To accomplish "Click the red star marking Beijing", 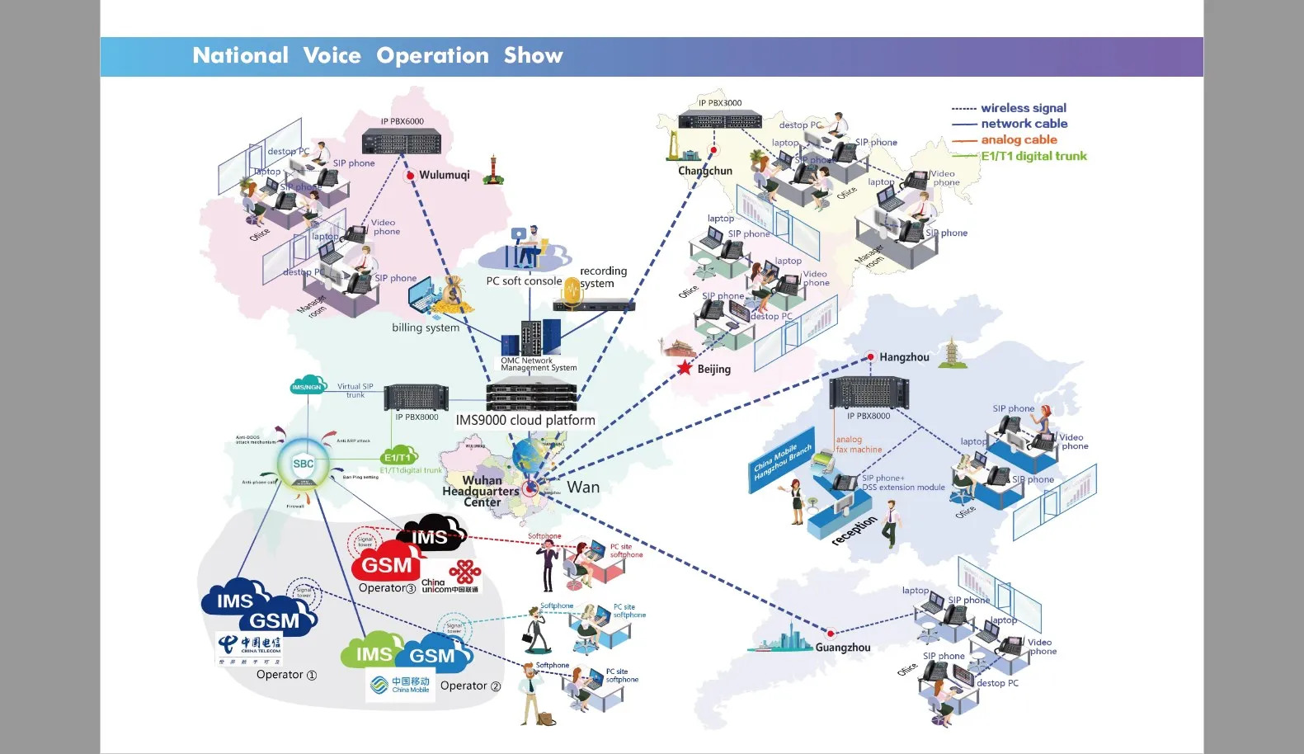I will (685, 368).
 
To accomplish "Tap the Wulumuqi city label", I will (444, 175).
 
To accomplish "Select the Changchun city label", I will (705, 171).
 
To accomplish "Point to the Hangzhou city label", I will (904, 357).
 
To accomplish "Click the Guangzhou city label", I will (842, 648).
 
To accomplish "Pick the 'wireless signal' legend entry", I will (1023, 108).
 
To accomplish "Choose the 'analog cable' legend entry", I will (1019, 140).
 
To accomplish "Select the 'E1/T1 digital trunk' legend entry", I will (1033, 156).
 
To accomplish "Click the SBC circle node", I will (304, 464).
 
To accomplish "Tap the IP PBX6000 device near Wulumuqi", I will (402, 142).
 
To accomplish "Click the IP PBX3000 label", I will (720, 103).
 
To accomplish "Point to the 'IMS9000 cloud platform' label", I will (525, 420).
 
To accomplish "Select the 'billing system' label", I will (426, 328).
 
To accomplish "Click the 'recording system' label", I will (602, 277).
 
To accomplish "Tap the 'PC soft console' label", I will (524, 281).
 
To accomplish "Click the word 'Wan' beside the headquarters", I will (583, 488).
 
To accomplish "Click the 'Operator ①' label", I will (286, 675).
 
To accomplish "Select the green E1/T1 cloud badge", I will (398, 456).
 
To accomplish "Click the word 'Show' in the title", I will (533, 55).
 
